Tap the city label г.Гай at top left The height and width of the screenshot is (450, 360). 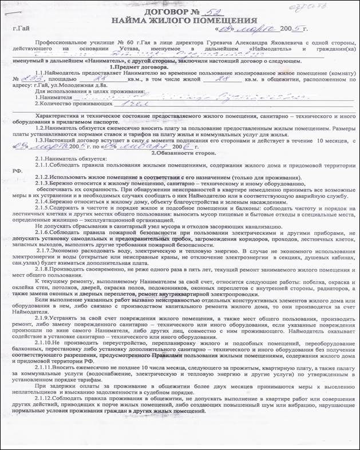[22, 28]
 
